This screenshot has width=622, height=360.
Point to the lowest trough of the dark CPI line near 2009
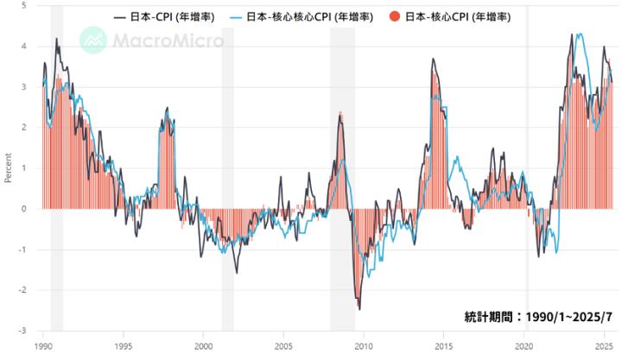pos(359,308)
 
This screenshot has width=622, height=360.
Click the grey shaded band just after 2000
pos(228,173)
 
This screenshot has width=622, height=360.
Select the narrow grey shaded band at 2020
pos(527,173)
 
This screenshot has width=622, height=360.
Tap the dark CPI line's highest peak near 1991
pos(57,39)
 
